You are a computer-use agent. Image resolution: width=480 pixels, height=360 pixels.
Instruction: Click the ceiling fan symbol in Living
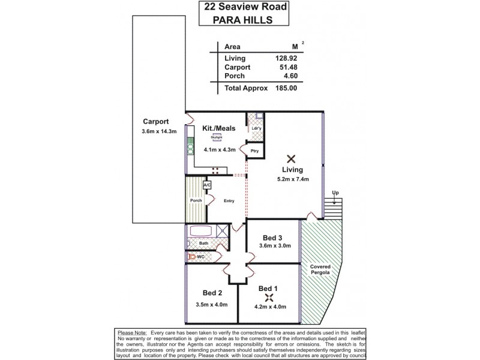[291, 159]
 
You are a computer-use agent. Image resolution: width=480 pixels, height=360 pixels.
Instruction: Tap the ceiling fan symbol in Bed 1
[269, 298]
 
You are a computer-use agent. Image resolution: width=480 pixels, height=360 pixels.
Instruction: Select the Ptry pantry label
[254, 151]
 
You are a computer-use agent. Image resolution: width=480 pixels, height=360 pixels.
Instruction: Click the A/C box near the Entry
[207, 186]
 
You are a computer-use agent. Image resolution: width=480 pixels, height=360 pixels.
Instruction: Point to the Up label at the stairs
[336, 193]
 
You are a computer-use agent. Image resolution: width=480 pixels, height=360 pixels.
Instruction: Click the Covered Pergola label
[322, 269]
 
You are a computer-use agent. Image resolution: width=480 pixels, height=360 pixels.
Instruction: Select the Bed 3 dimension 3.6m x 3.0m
[274, 245]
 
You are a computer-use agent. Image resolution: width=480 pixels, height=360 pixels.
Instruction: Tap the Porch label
[195, 200]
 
